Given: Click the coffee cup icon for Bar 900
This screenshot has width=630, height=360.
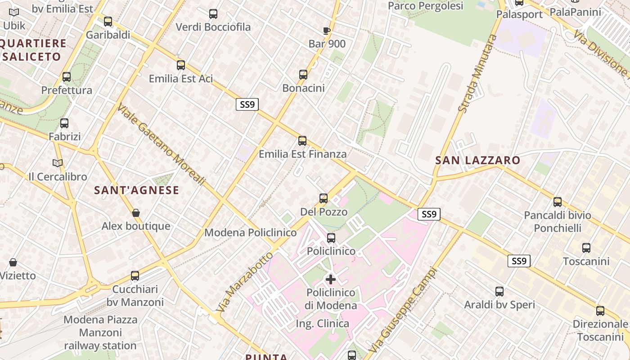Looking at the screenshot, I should click(327, 31).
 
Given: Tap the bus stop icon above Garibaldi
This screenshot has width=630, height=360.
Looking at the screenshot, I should click(108, 21).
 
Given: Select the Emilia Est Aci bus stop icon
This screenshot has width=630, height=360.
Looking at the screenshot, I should click(181, 65).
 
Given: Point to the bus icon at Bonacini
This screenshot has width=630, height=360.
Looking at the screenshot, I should click(303, 74).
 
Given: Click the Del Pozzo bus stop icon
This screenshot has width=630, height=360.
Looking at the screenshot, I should click(323, 198).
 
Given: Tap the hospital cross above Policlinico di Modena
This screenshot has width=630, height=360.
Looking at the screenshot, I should click(331, 279).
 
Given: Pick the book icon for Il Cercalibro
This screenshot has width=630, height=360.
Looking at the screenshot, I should click(58, 163).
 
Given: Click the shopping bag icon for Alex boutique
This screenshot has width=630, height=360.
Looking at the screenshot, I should click(136, 212).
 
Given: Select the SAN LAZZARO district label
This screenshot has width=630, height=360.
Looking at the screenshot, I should click(477, 160).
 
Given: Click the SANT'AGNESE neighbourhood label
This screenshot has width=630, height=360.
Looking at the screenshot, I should click(136, 190).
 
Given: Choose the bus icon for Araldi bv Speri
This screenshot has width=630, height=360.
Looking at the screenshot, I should click(499, 291).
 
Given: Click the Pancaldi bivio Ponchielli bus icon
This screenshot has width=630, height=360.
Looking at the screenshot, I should click(558, 202).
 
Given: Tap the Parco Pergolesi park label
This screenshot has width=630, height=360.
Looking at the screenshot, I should click(425, 6).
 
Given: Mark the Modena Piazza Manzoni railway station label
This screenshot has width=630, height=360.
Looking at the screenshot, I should click(100, 333).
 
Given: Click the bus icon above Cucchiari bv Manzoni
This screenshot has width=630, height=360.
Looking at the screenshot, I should click(135, 275).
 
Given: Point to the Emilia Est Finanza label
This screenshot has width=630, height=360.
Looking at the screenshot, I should click(302, 154).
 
